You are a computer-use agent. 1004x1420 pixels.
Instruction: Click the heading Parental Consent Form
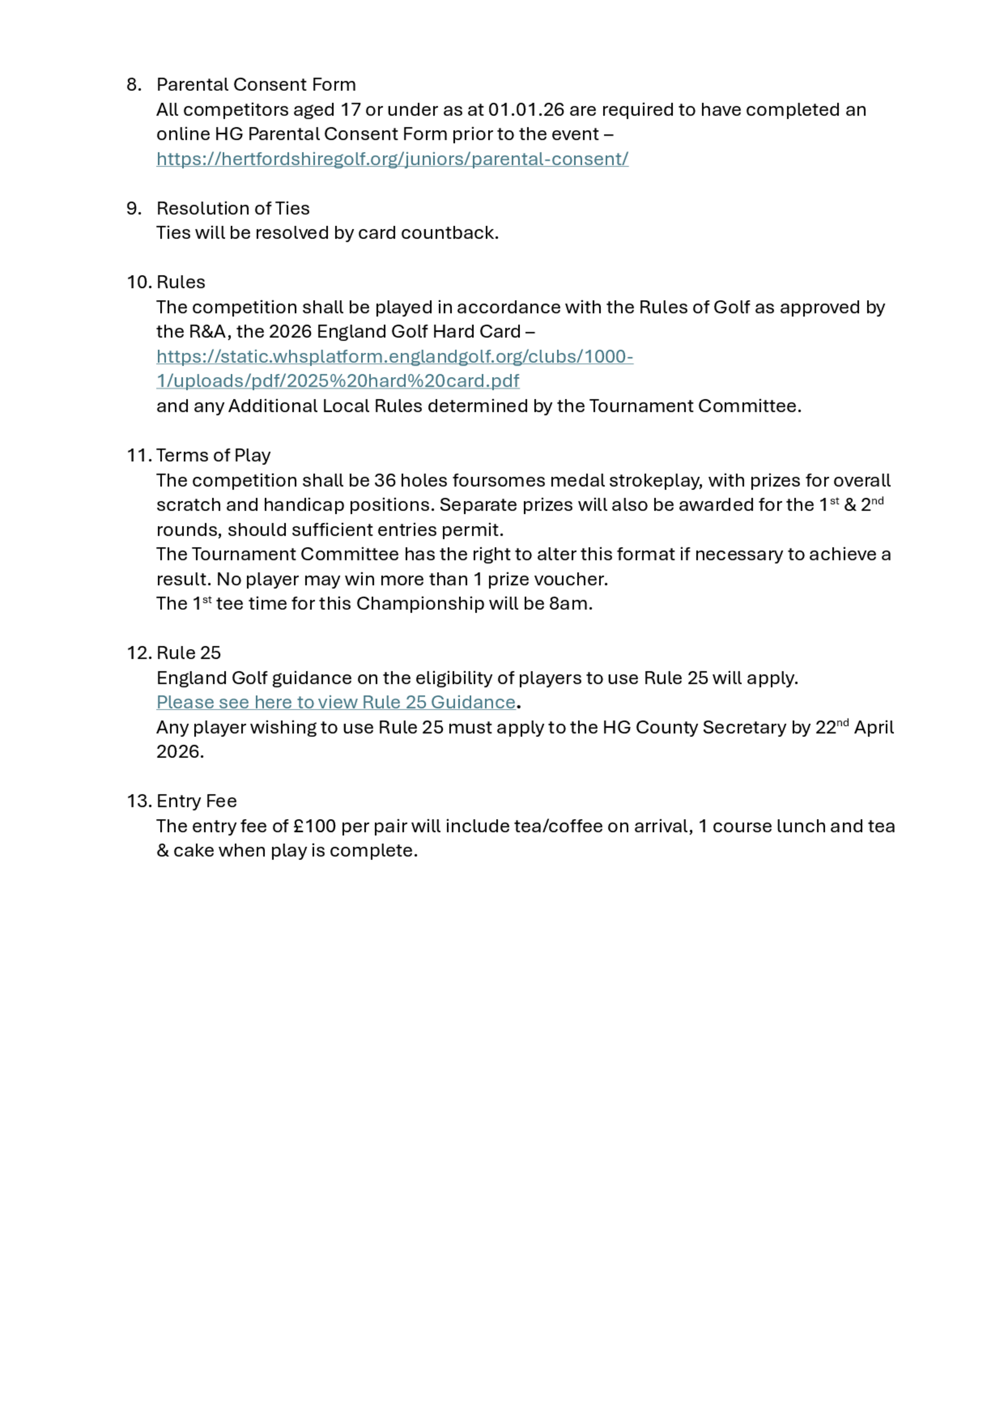tap(256, 85)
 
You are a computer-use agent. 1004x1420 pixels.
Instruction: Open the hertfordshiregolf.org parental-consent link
tap(392, 159)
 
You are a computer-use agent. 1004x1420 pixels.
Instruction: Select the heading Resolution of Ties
tap(232, 208)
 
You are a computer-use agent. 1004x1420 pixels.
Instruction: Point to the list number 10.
tap(139, 283)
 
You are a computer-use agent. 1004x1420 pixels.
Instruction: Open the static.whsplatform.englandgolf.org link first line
tap(395, 357)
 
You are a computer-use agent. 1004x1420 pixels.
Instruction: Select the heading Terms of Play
tap(213, 456)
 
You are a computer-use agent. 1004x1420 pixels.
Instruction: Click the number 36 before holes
tap(384, 480)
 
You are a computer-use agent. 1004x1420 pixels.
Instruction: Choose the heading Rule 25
tap(189, 653)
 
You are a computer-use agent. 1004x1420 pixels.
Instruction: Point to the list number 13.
tap(139, 802)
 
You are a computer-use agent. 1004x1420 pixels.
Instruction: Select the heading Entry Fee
tap(197, 802)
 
